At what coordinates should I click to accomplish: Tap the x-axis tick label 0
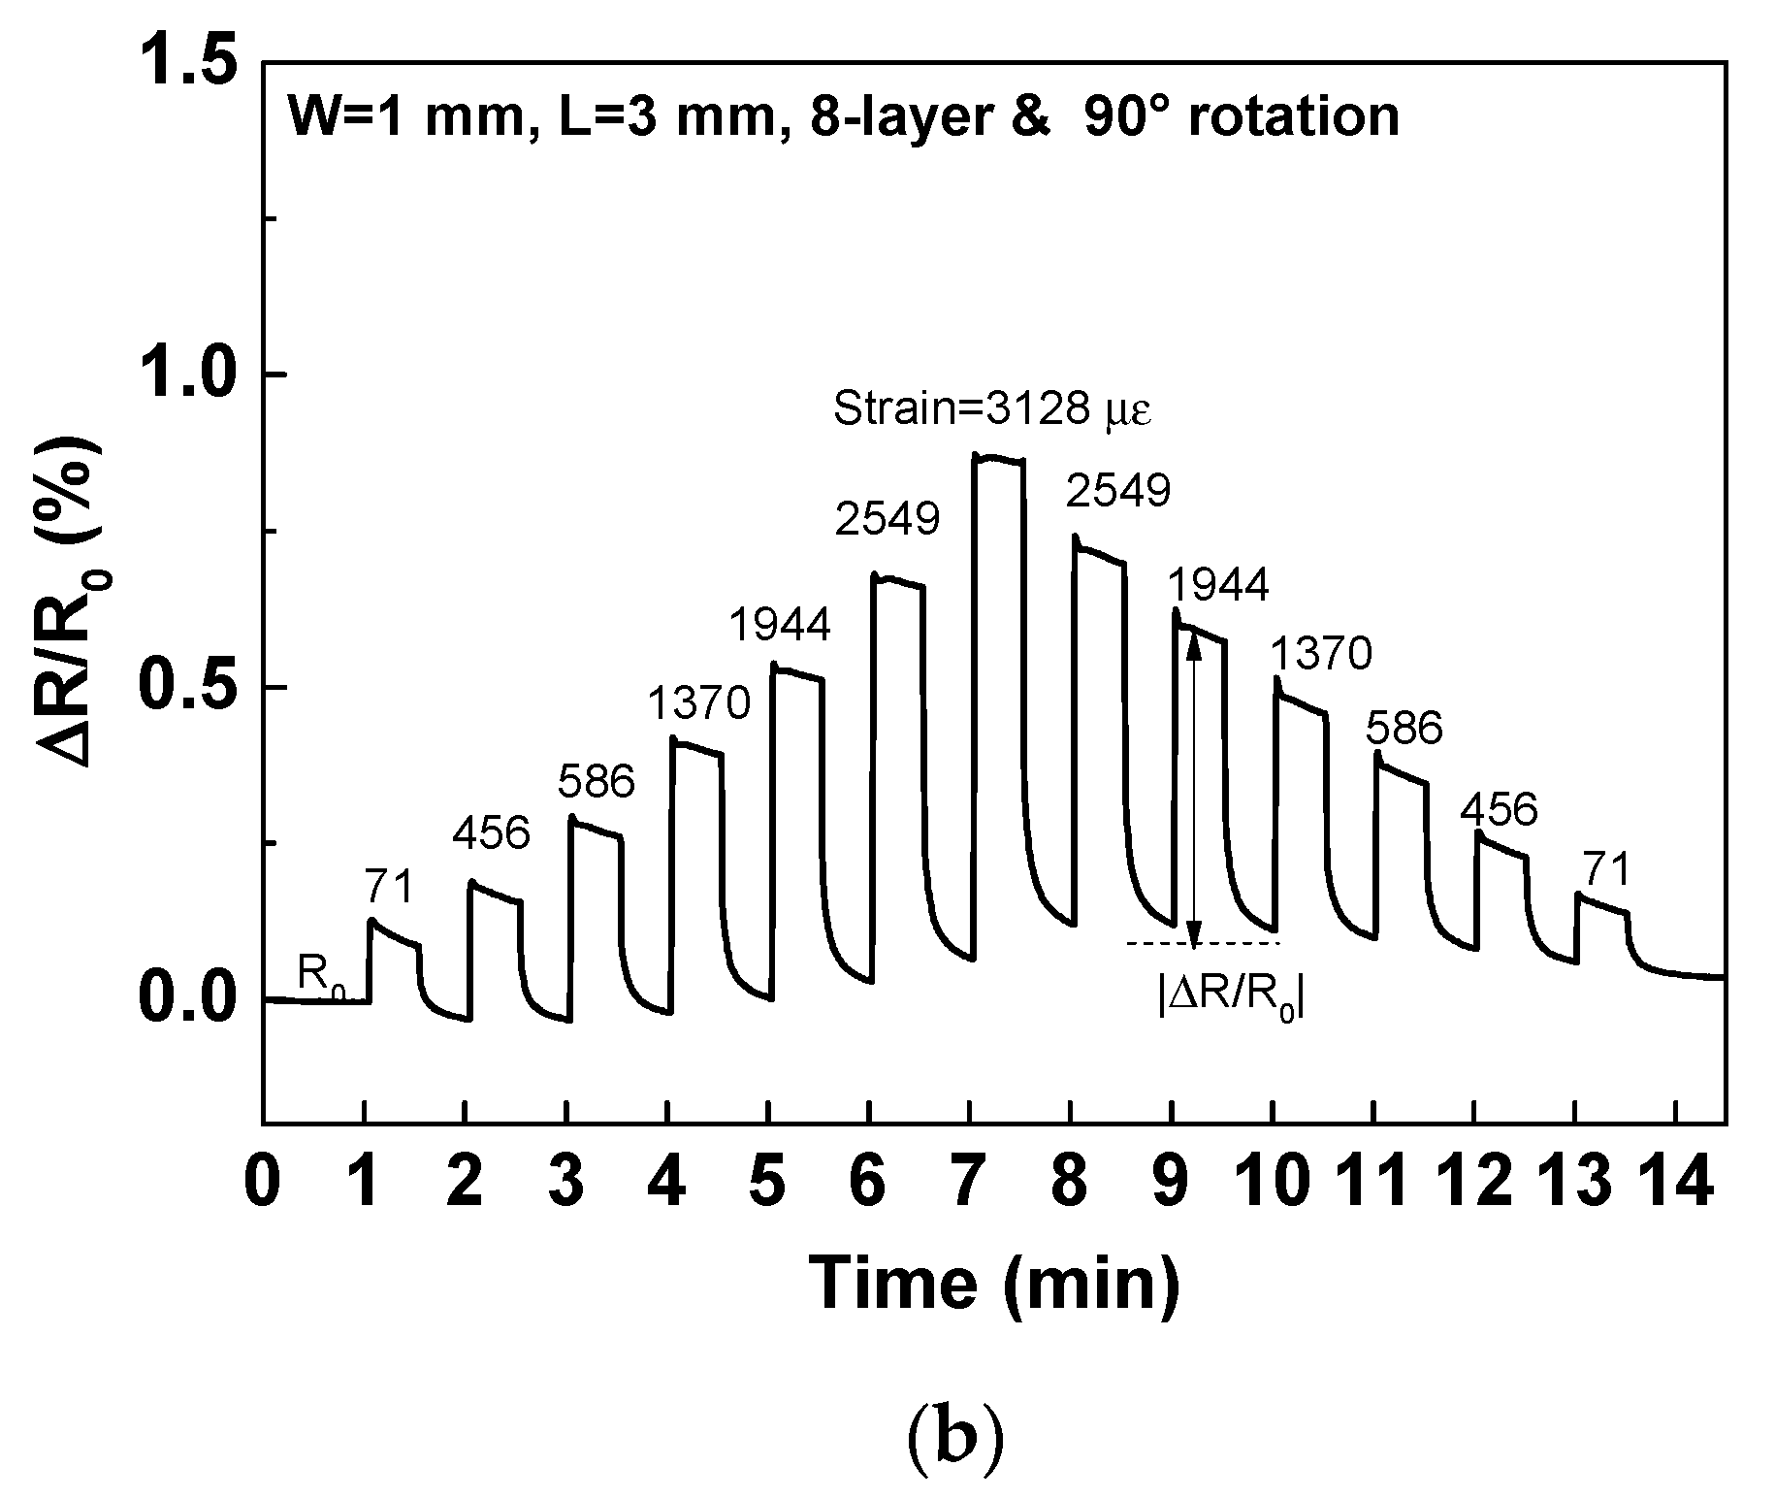[263, 1184]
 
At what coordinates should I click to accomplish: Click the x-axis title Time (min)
[995, 1283]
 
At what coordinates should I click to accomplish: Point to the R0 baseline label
[321, 976]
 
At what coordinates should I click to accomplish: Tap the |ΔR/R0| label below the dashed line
[1230, 995]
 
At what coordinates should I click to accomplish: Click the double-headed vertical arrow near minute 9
[1195, 787]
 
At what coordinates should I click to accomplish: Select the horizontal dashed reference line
[1203, 942]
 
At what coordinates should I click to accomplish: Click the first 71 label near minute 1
[389, 885]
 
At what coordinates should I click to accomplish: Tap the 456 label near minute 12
[1499, 809]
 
